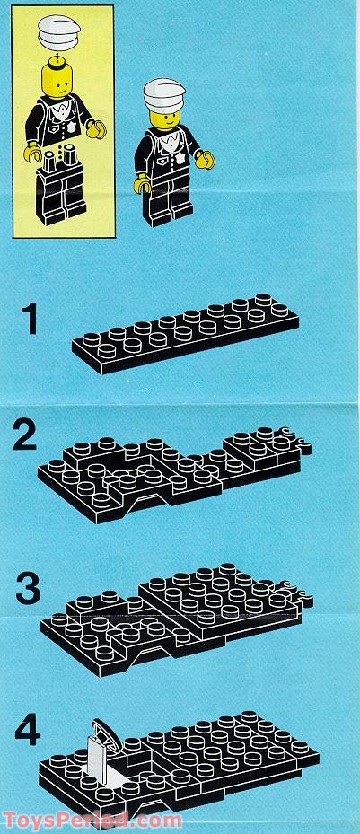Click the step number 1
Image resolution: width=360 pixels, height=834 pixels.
point(28,319)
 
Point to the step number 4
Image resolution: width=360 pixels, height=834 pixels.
point(28,733)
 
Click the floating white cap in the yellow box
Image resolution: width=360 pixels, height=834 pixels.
point(58,31)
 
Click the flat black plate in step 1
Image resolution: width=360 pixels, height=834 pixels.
point(185,333)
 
